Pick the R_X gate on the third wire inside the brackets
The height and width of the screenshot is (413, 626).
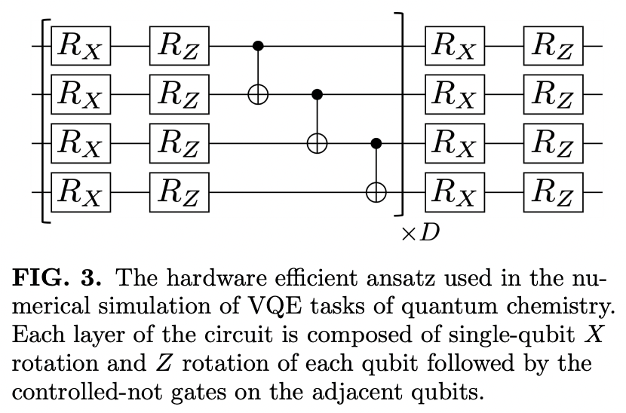(x=81, y=144)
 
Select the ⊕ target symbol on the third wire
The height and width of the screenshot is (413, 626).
(x=317, y=144)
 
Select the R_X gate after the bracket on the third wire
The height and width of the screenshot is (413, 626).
(x=456, y=144)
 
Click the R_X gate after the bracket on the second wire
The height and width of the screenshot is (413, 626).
(x=456, y=96)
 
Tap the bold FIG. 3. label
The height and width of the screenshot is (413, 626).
(x=57, y=281)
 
